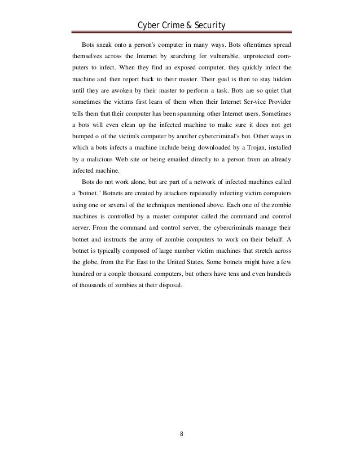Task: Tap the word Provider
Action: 275,103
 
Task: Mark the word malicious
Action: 111,162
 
